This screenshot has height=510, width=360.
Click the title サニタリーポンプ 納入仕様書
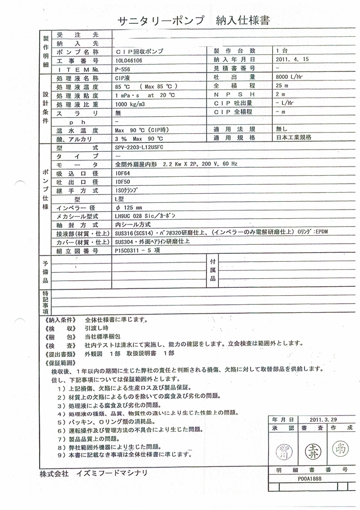click(193, 22)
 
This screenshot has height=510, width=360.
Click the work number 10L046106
click(129, 59)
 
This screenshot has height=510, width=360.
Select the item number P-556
click(122, 68)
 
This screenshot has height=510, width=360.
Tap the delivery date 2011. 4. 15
click(291, 59)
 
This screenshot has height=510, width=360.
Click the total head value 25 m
click(282, 86)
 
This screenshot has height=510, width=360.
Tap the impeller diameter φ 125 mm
click(128, 207)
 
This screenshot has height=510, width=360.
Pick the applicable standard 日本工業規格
click(294, 138)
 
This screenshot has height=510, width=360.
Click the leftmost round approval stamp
click(281, 451)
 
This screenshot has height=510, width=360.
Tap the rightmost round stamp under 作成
click(339, 450)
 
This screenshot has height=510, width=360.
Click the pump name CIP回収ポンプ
click(138, 51)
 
